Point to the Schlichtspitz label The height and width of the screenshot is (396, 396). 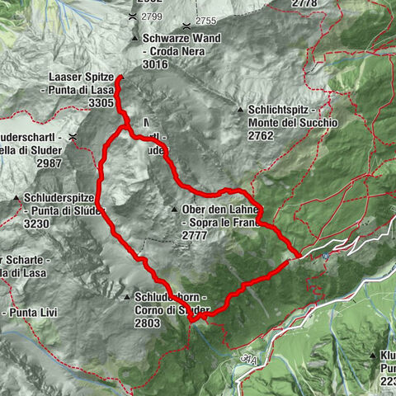[x=280, y=110]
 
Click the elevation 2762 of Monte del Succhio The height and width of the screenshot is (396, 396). [x=262, y=137]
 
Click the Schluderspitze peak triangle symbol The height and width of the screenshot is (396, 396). [x=17, y=198]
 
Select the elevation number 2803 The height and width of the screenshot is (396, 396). [x=148, y=323]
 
